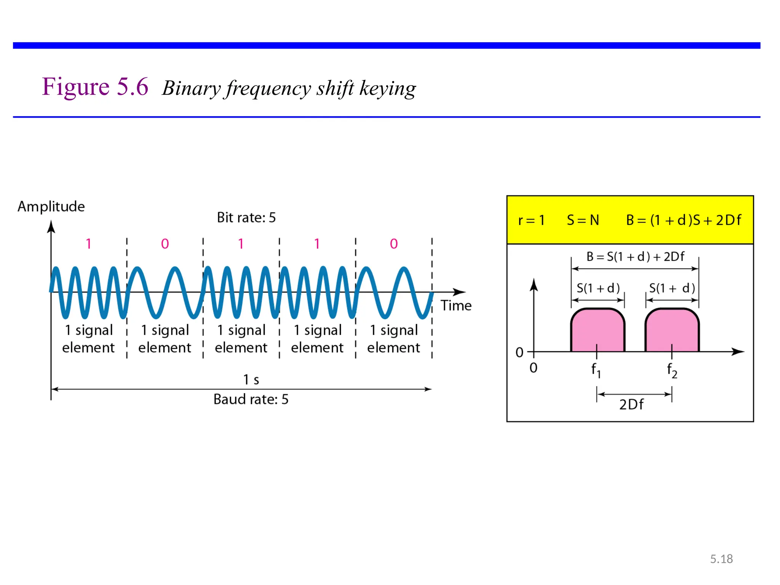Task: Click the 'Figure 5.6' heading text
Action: click(95, 87)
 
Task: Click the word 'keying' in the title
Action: click(387, 89)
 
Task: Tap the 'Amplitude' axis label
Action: click(51, 206)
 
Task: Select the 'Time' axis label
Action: click(456, 305)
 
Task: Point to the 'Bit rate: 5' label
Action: click(246, 217)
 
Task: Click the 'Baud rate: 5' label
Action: click(251, 399)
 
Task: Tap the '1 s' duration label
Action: click(251, 379)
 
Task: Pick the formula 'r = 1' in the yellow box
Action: click(531, 220)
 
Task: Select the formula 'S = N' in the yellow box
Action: click(583, 220)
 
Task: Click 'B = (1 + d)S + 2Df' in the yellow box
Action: click(684, 220)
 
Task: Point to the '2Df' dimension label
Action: click(631, 404)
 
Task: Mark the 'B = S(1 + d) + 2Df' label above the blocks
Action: click(635, 257)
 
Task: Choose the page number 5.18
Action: click(721, 559)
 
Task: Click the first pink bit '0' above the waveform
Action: click(165, 244)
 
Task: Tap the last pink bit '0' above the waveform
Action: click(394, 244)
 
